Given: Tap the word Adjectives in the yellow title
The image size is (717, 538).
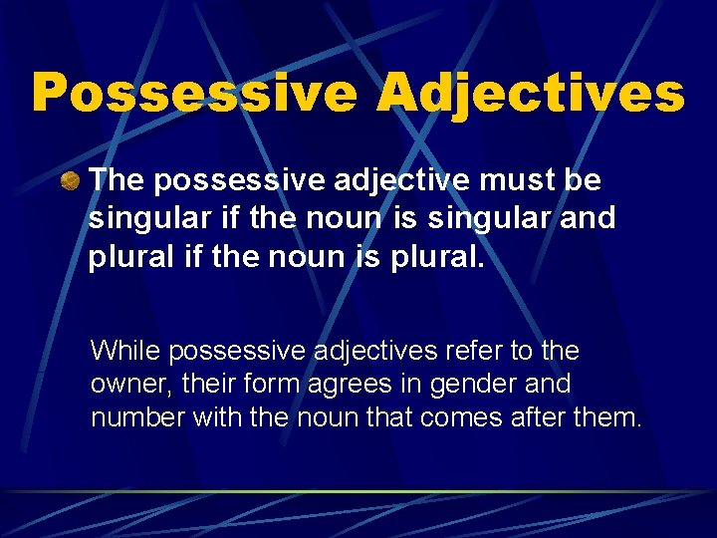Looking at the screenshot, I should click(x=530, y=93).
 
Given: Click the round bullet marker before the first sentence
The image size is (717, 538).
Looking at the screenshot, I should click(x=71, y=181).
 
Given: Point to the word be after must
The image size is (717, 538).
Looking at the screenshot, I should click(x=583, y=180).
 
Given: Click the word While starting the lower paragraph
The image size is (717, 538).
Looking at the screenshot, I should click(x=125, y=351).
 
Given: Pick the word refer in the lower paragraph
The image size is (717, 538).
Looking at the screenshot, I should click(x=474, y=351).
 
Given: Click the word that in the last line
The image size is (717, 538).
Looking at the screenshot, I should click(x=391, y=417).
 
